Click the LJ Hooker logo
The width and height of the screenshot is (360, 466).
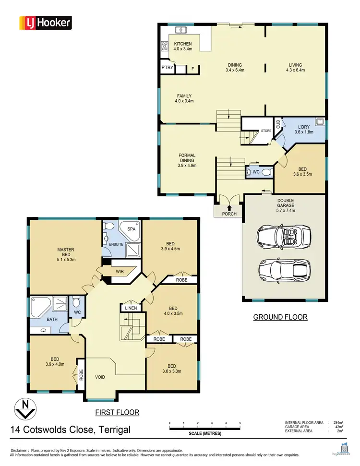click(45, 22)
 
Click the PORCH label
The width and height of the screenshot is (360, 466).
click(228, 214)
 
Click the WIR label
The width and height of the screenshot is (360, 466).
click(120, 272)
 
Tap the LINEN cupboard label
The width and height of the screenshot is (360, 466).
click(130, 308)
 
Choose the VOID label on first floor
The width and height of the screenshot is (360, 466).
click(100, 377)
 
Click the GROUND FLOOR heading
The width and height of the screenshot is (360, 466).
click(280, 317)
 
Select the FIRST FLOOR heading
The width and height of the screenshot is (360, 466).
click(117, 412)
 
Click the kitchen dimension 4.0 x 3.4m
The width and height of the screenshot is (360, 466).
click(182, 49)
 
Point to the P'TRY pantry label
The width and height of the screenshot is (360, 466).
click(167, 68)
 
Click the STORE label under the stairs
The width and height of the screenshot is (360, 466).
click(265, 130)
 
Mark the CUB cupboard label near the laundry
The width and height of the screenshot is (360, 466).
click(277, 124)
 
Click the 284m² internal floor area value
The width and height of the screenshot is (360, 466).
click(338, 423)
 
